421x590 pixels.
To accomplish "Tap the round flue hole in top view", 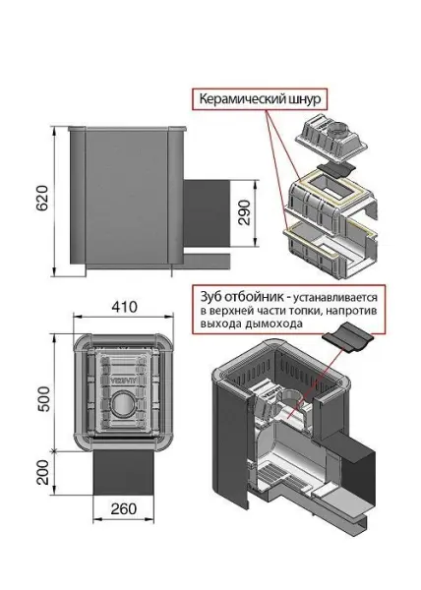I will [x=122, y=404].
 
